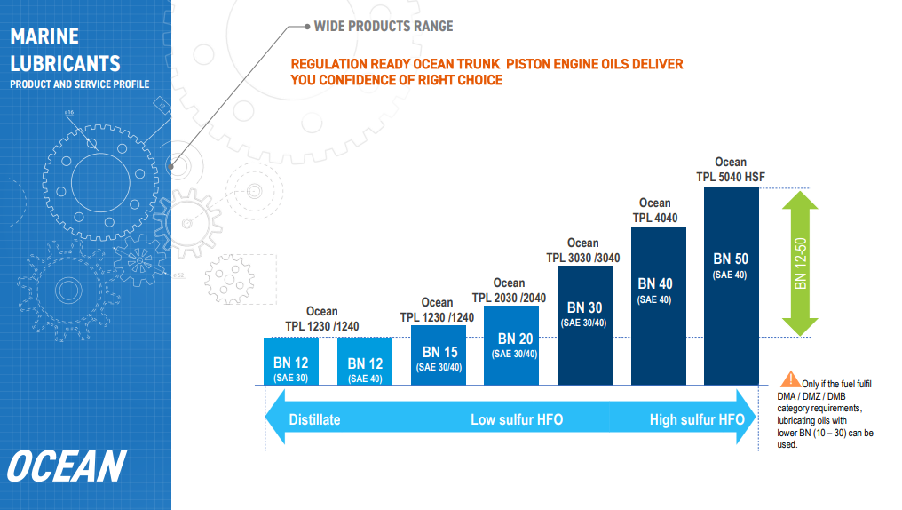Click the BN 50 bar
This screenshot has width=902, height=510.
(732, 285)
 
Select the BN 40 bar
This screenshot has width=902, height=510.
(659, 306)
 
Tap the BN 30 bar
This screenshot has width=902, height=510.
(585, 325)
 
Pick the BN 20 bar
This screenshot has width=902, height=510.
(511, 346)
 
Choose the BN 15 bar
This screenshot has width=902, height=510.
(439, 355)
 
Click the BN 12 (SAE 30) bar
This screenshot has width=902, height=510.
(291, 362)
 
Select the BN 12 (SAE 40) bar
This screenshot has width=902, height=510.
(365, 362)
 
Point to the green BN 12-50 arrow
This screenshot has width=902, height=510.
(800, 263)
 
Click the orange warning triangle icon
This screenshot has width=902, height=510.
(790, 379)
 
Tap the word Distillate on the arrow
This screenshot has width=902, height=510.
(314, 419)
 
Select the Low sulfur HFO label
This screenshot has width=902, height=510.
(517, 419)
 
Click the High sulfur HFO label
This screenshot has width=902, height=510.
(697, 419)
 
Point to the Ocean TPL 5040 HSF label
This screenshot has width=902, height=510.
(731, 170)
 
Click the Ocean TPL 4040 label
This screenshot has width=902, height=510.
(655, 210)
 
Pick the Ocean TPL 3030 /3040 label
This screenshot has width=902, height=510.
(583, 251)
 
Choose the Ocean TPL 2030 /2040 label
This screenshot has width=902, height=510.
(509, 291)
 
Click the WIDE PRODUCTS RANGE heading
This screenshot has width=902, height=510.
(384, 27)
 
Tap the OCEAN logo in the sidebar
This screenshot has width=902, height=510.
(67, 466)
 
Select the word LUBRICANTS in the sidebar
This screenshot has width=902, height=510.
(65, 63)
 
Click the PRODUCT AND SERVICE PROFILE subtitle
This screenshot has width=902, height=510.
(79, 84)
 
